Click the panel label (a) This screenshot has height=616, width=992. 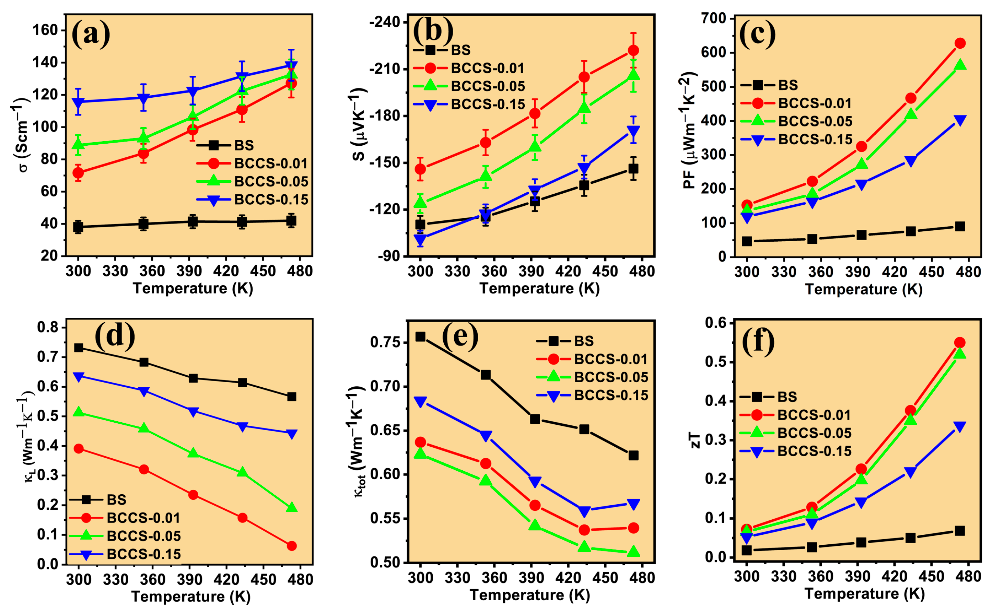pyautogui.click(x=91, y=34)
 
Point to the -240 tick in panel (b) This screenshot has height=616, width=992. pyautogui.click(x=383, y=22)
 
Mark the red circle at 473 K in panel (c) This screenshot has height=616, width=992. pyautogui.click(x=960, y=43)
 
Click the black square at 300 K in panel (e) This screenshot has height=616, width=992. pyautogui.click(x=420, y=337)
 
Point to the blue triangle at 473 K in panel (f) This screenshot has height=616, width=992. pyautogui.click(x=959, y=426)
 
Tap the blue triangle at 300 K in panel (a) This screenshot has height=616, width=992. pyautogui.click(x=78, y=102)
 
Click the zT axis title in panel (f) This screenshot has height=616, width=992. pyautogui.click(x=696, y=440)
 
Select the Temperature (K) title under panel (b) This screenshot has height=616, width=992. pyautogui.click(x=539, y=288)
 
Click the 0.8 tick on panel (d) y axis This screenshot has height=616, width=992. pyautogui.click(x=48, y=328)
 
